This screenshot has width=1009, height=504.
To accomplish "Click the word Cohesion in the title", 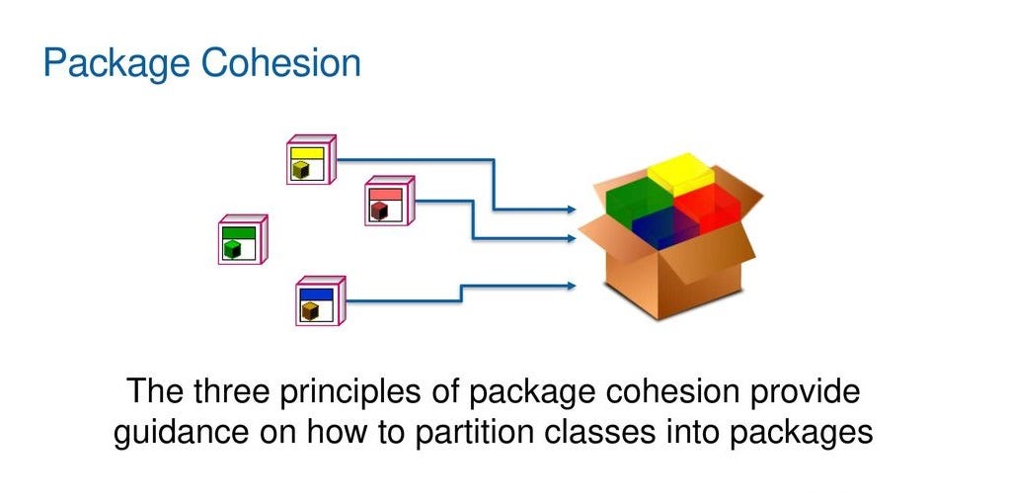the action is click(280, 63).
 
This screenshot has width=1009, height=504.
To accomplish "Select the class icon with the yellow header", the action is click(311, 159).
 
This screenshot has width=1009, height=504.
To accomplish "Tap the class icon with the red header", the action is click(389, 201).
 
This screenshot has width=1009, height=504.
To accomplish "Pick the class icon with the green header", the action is click(243, 239).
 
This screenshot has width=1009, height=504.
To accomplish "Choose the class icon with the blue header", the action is click(321, 301).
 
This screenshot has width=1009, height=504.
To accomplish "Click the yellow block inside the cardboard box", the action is click(680, 173).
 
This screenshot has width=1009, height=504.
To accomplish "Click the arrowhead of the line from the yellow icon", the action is click(571, 209).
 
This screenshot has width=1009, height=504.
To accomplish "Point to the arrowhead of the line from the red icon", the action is click(571, 238).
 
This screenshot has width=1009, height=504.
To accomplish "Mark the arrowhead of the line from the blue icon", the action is click(571, 286).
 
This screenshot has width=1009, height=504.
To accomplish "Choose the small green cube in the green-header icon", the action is click(232, 249).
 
